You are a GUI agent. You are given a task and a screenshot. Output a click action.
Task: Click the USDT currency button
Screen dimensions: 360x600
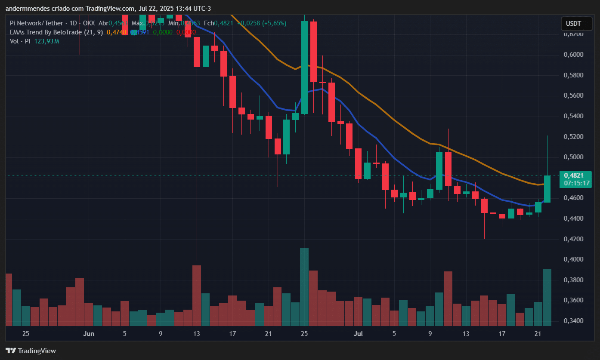coord(573,24)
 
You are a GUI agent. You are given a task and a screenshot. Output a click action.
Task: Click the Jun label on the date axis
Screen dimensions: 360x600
coord(89,334)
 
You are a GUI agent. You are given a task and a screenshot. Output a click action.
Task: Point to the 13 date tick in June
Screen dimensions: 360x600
coord(197,334)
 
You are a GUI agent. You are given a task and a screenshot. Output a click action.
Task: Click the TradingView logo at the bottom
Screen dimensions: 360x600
coord(31,351)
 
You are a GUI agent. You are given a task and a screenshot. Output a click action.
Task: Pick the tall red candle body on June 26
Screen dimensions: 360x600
coord(313,52)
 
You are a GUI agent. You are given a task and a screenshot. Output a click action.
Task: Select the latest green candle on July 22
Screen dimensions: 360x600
coord(547,189)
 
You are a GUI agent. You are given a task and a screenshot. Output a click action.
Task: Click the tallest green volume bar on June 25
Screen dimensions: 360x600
coord(304,287)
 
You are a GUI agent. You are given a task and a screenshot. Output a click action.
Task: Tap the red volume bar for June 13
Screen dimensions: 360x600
coord(197,295)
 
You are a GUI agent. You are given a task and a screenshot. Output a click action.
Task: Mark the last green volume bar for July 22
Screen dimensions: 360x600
coord(547,297)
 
